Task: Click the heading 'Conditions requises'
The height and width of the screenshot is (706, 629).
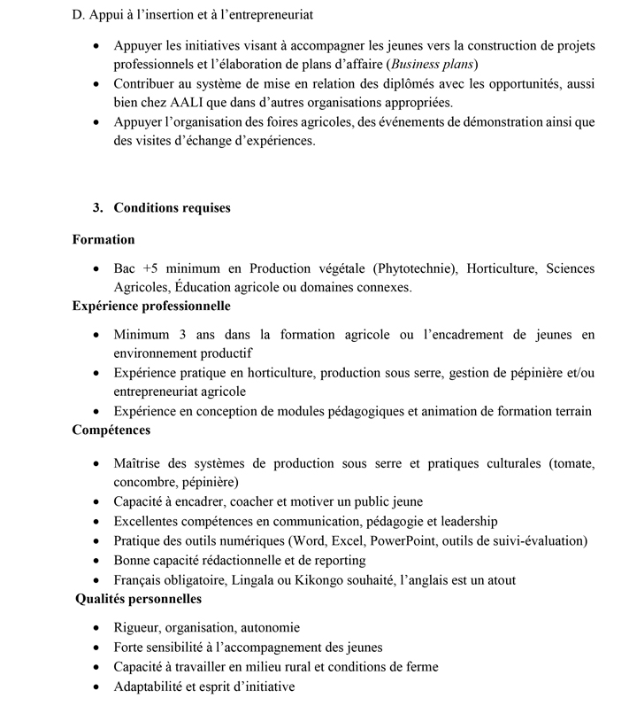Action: (172, 208)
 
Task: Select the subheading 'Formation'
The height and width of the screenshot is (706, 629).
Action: (104, 239)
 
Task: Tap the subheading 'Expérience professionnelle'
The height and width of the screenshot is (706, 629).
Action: (151, 306)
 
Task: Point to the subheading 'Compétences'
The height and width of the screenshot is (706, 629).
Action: (111, 430)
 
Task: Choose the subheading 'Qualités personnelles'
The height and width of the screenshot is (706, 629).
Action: (139, 599)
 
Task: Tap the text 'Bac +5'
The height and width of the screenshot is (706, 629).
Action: (135, 268)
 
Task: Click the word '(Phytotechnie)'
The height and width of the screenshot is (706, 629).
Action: (415, 268)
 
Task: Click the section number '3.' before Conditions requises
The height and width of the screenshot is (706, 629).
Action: (97, 208)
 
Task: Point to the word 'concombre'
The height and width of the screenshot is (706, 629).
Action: (143, 482)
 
